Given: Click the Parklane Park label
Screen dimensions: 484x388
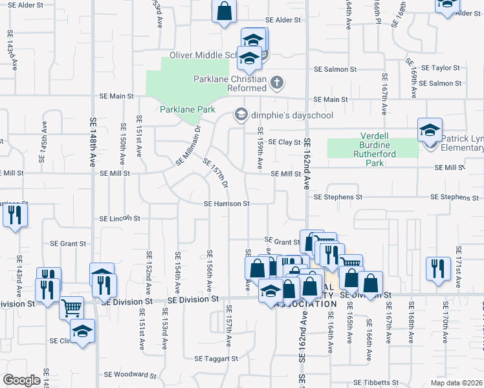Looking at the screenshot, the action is (x=188, y=109).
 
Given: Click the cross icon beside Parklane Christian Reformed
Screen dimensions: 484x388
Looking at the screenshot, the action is (x=277, y=82).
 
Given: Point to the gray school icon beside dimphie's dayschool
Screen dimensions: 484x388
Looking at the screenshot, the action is (x=241, y=115).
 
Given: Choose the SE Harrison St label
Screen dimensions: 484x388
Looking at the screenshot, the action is (x=226, y=204).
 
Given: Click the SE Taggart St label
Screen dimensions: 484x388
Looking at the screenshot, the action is (x=217, y=358).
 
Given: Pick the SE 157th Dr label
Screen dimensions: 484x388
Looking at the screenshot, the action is (x=216, y=174).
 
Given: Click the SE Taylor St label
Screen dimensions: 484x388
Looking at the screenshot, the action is (x=440, y=67).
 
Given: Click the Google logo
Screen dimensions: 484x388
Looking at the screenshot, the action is (x=21, y=380).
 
